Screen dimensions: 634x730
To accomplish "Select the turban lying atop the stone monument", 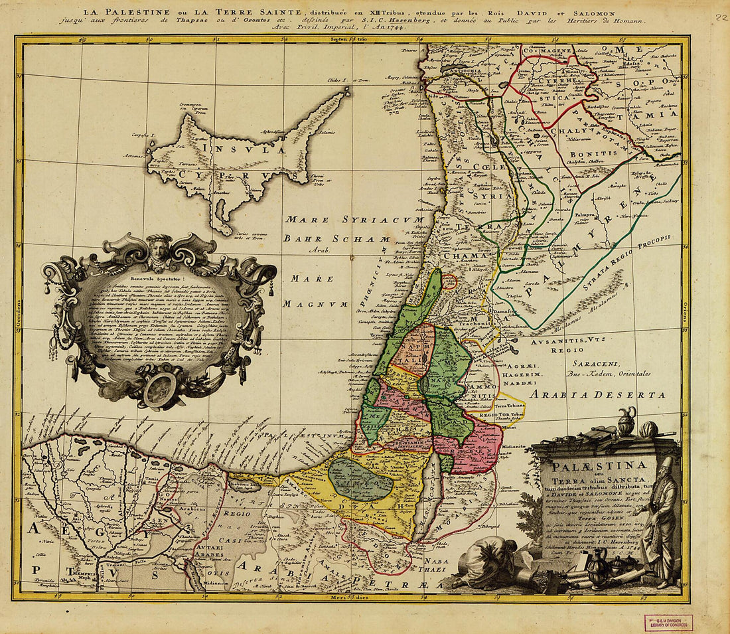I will coord(648,430).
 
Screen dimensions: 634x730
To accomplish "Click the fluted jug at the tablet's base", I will coord(598,570).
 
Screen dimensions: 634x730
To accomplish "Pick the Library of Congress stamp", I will coord(668,622).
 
